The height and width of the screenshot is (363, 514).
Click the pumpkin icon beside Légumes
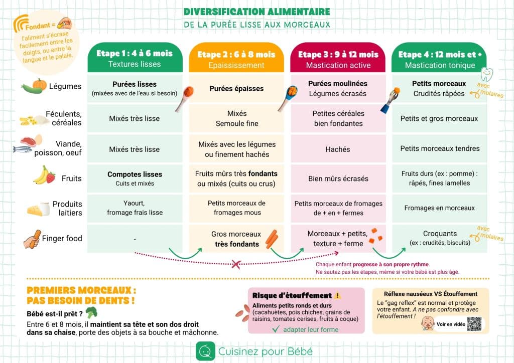tap(39, 84)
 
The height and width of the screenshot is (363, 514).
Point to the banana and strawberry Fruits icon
tap(44, 175)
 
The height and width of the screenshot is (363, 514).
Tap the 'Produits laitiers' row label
tap(67, 208)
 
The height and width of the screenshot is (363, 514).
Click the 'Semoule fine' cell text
tap(236, 123)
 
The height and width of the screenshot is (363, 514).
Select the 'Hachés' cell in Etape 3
tap(338, 149)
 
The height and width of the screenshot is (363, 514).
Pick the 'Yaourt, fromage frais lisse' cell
tap(135, 208)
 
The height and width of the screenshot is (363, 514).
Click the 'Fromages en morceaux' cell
tap(439, 208)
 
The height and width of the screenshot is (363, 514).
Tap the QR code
tap(474, 324)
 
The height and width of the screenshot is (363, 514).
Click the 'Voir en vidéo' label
tap(451, 324)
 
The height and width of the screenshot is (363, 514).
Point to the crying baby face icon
tap(427, 323)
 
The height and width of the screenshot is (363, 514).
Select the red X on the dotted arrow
tap(235, 263)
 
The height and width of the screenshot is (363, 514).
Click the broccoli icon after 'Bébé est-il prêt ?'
tap(91, 313)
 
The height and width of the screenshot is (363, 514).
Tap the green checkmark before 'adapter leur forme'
tap(276, 329)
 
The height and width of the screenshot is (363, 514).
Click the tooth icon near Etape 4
tap(486, 74)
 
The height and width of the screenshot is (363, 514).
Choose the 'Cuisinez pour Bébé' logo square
tap(205, 351)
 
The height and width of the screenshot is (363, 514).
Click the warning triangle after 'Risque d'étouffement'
tap(337, 295)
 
